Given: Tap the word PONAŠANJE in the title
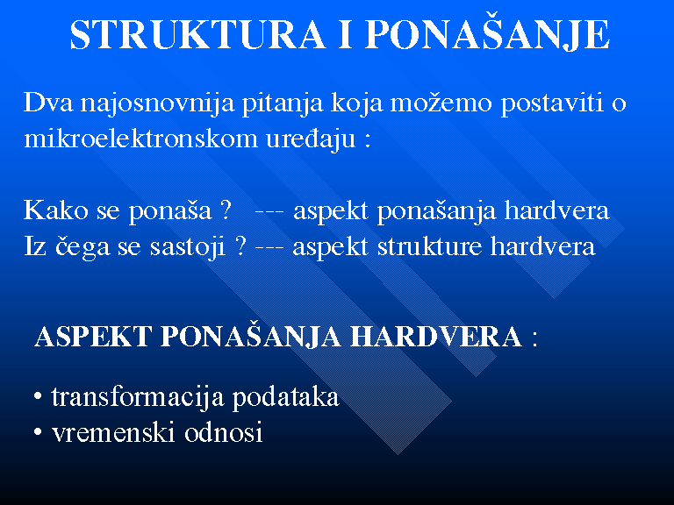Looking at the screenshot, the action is pos(488,32).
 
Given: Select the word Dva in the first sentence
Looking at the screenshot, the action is pos(48,103).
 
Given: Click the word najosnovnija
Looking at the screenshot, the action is pos(158,103).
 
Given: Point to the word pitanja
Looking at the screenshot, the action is pos(283,104).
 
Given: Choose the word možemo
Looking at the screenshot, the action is pos(441,103).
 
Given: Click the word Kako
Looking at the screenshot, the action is pos(56,210).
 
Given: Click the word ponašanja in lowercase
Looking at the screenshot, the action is pos(436,211).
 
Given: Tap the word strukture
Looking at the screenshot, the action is pos(429,246).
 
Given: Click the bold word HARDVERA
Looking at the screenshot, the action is pos(436,336).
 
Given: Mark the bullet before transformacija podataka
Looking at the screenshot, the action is pos(38,396).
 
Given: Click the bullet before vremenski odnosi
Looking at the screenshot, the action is pos(38,432).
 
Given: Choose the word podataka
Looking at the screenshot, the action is pos(286,398).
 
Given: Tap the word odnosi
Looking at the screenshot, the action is pos(224,431).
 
